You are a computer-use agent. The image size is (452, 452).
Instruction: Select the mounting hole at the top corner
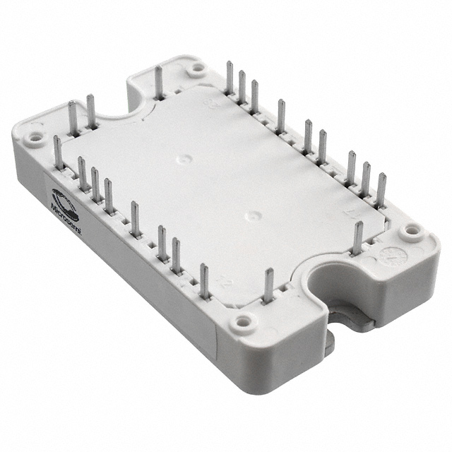[x=197, y=69]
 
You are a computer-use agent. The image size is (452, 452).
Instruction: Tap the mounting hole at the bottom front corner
[x=244, y=321]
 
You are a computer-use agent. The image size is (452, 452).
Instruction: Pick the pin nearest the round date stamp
[x=358, y=237]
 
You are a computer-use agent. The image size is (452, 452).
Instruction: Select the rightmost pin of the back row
[x=381, y=189]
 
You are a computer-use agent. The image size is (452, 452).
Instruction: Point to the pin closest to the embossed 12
[x=204, y=280]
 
